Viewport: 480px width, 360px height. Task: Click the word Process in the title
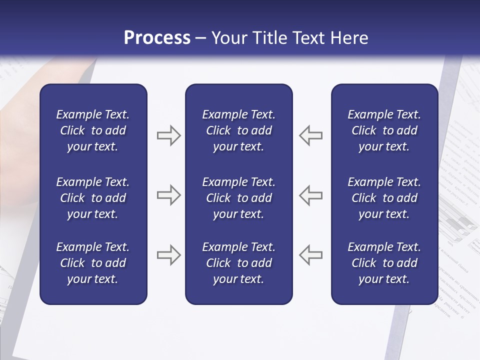point(157,38)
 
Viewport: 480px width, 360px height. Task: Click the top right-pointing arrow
point(168,135)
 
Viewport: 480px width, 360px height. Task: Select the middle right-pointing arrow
point(168,195)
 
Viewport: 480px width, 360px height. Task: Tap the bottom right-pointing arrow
point(168,255)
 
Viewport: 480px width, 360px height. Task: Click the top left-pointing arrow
point(311,135)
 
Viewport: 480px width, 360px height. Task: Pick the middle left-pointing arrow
point(311,195)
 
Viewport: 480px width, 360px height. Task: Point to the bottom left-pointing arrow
point(311,255)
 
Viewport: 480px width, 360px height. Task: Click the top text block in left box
point(93,130)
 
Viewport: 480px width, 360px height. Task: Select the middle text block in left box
point(93,198)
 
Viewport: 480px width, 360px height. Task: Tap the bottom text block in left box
point(93,263)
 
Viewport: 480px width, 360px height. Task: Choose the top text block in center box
point(238,130)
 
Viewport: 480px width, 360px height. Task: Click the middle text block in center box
point(238,198)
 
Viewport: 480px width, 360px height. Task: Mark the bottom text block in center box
point(238,263)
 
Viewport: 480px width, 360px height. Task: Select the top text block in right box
point(384,130)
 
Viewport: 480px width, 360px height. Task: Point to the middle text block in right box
point(384,198)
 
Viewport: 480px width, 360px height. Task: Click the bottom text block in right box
point(384,263)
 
